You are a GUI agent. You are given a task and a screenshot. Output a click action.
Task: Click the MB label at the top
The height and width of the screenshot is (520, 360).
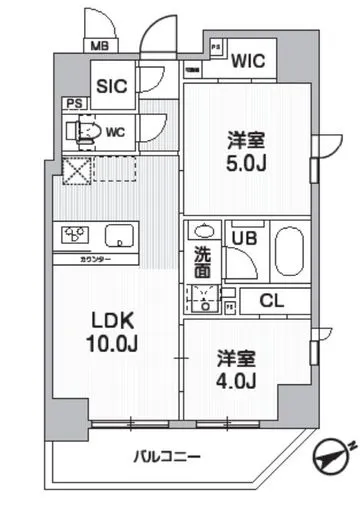[x=101, y=45]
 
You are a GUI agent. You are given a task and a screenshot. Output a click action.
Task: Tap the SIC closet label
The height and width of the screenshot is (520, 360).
[x=110, y=85]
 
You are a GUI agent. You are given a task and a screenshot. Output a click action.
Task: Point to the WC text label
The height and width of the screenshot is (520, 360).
[x=115, y=129]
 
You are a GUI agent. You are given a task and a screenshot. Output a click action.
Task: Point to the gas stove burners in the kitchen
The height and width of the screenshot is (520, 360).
[x=76, y=236]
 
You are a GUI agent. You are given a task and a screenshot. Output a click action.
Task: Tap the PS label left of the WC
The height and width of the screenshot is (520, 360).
[x=72, y=103]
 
